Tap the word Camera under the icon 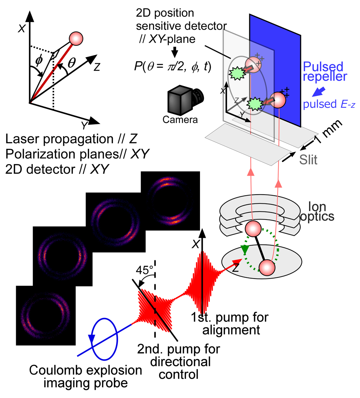tap(180, 120)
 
